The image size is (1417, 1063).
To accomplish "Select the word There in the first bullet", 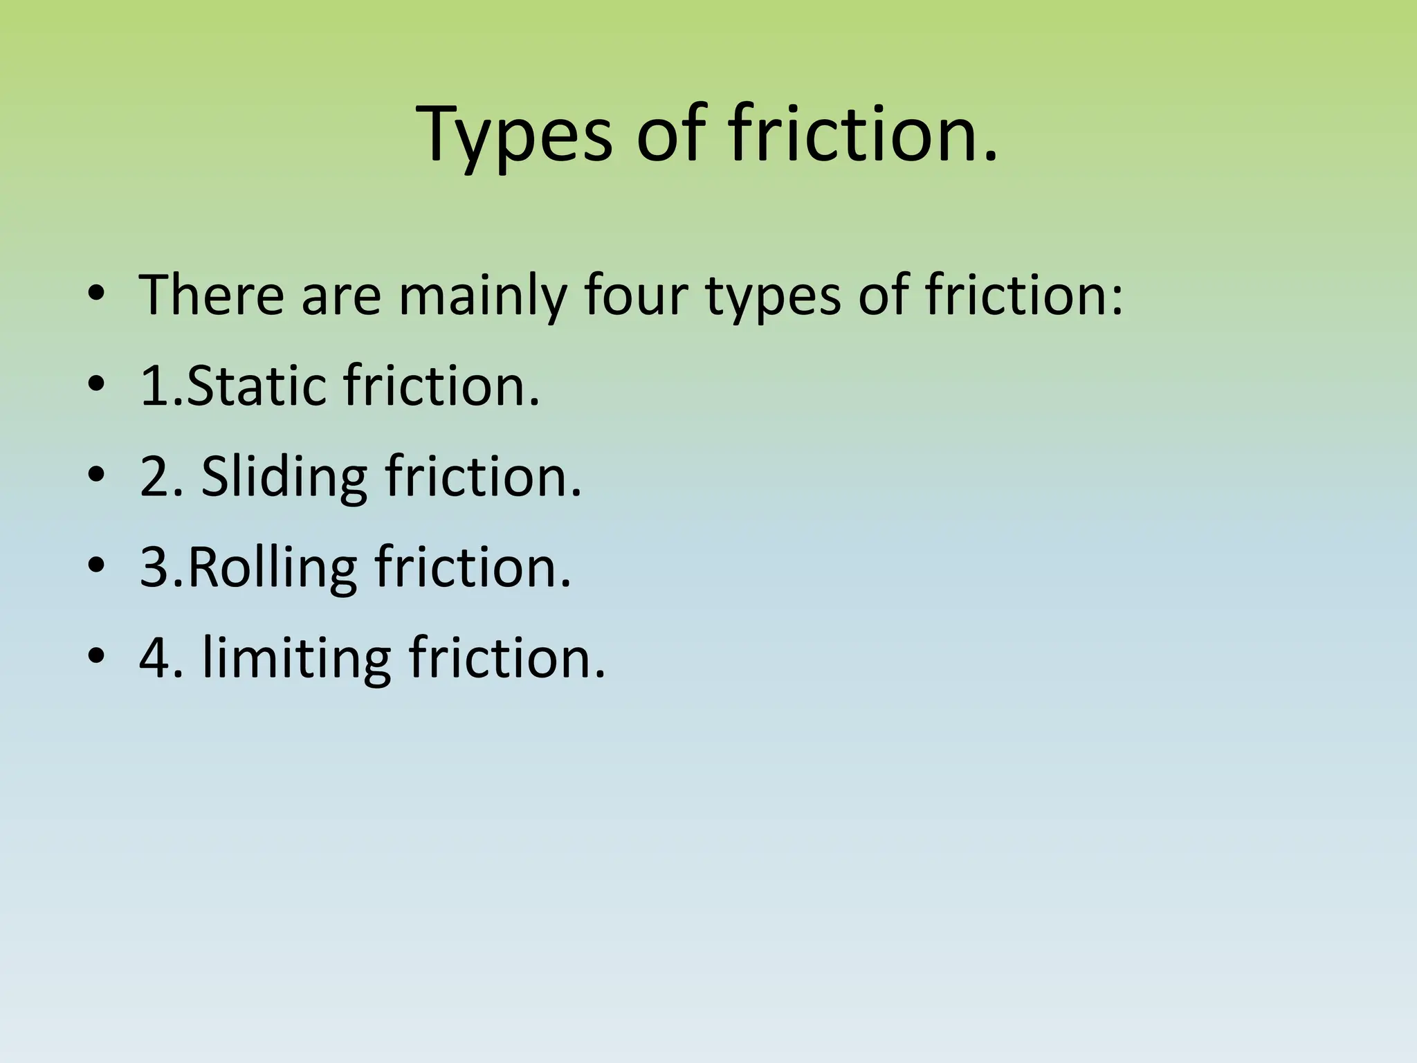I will (212, 296).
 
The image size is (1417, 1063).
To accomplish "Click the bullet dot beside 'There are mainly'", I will (96, 296).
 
